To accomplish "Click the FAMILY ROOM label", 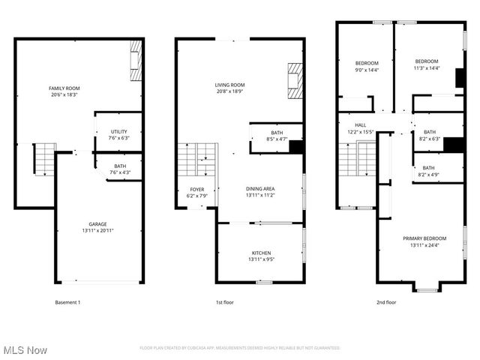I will [x=64, y=91].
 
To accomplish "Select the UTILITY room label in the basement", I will [x=119, y=135].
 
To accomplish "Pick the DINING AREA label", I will [x=261, y=191].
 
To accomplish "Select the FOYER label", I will [x=196, y=191].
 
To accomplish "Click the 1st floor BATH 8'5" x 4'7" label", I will [x=277, y=136].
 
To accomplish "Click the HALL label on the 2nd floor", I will [x=360, y=128].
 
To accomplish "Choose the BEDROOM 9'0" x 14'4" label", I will [x=367, y=65].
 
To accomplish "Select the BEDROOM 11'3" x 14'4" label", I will [x=427, y=64].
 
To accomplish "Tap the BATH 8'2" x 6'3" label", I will [x=428, y=135].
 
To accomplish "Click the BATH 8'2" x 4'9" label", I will [x=428, y=171].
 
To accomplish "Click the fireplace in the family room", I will [x=136, y=60].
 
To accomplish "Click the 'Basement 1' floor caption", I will [x=67, y=302].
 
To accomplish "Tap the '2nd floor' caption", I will [x=386, y=302].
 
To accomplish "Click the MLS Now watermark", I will [x=25, y=350].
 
